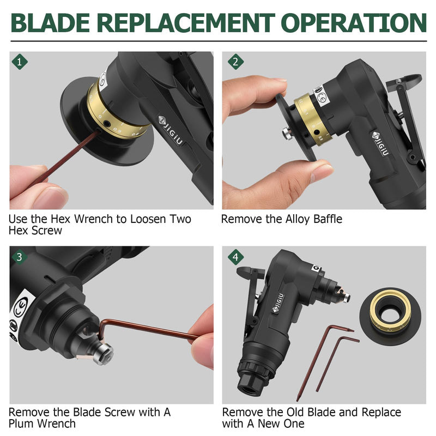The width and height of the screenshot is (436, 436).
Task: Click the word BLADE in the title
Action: click(x=50, y=23)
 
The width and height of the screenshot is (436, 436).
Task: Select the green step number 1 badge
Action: click(x=20, y=62)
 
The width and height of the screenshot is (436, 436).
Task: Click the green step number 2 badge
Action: click(x=235, y=62)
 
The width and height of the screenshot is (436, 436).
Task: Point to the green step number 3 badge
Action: click(x=20, y=257)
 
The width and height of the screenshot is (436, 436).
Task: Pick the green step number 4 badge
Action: click(x=235, y=257)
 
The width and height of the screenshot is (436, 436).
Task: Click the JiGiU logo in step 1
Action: click(x=171, y=130)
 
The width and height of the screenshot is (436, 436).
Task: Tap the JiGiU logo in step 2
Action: click(x=381, y=143)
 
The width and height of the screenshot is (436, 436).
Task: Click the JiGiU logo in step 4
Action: click(x=278, y=303)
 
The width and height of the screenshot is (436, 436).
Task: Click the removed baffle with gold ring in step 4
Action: click(x=390, y=316)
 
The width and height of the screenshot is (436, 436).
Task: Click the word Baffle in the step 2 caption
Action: click(x=328, y=219)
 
